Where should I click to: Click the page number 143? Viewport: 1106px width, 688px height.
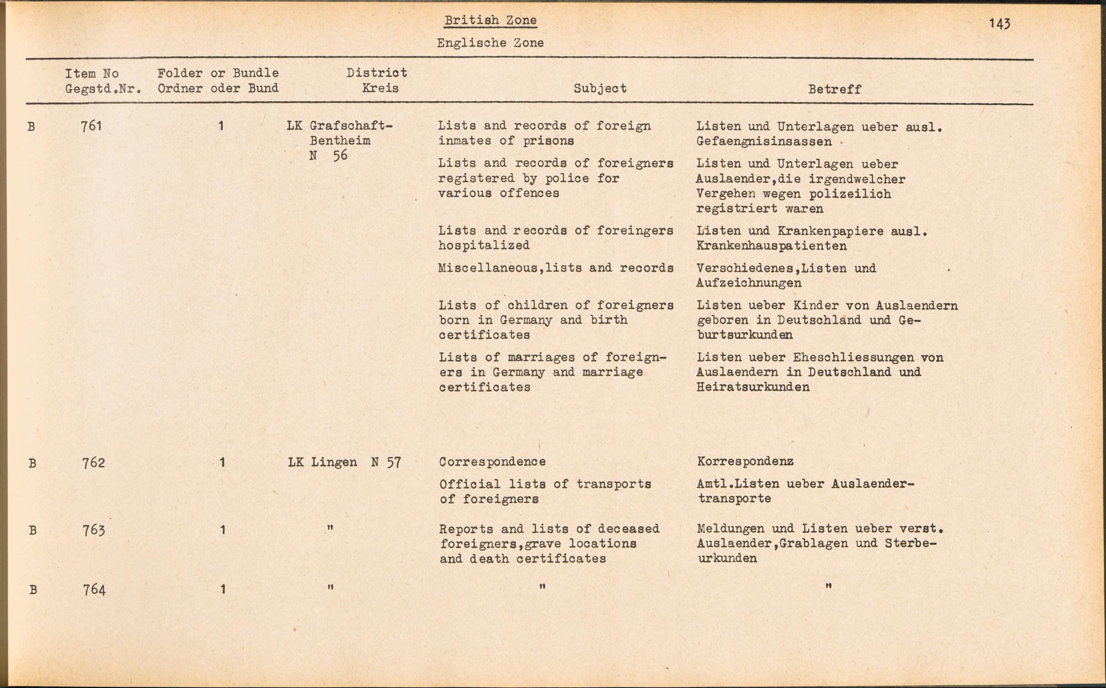tap(1000, 23)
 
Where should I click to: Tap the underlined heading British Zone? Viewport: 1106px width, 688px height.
tap(490, 21)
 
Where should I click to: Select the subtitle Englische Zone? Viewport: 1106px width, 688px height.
tap(490, 43)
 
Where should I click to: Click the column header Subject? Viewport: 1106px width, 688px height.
tap(600, 88)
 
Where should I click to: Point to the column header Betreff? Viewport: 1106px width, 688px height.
tap(834, 89)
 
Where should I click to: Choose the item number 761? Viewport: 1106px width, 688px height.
tap(91, 126)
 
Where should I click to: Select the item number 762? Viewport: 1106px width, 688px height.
tap(93, 462)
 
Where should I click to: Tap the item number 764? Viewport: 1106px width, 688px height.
tap(93, 590)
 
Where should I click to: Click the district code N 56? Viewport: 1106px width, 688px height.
tap(328, 155)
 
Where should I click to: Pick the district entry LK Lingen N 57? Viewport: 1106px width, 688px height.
tap(344, 462)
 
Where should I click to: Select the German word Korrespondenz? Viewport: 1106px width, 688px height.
tap(745, 461)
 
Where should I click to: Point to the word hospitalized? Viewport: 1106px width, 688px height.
tap(484, 245)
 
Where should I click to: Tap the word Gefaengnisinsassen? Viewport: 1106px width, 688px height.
tap(764, 142)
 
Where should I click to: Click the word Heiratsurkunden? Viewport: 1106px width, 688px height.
tap(753, 387)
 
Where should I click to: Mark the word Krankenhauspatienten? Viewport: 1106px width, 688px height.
tap(771, 246)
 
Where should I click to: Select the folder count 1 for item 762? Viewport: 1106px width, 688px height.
tap(222, 462)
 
